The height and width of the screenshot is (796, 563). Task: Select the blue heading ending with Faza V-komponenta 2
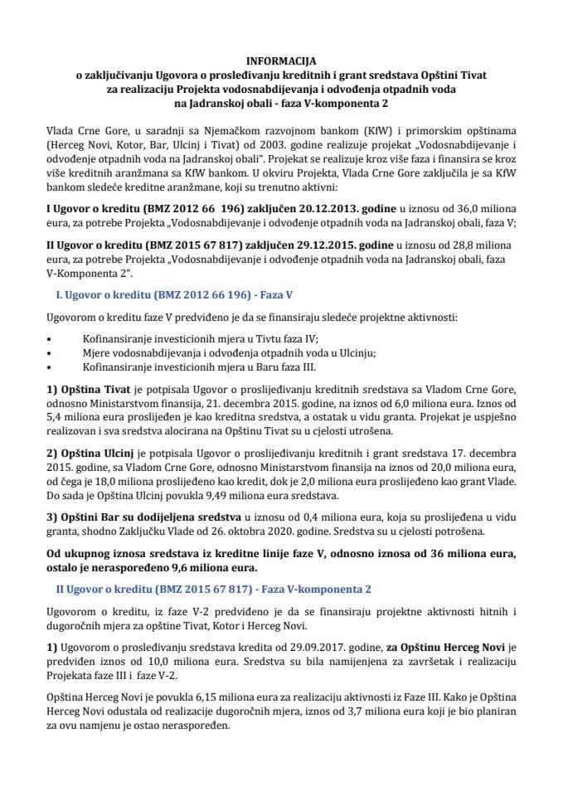(x=211, y=590)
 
